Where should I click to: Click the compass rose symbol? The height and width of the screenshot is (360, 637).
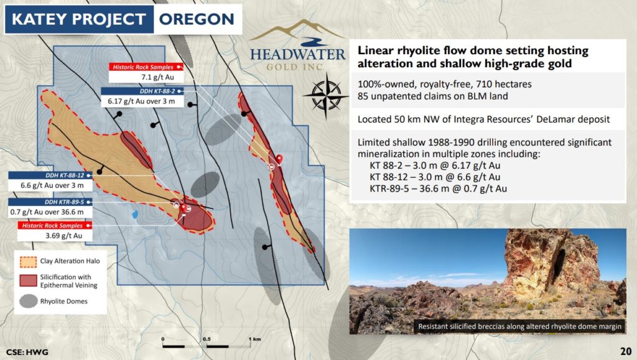[x=326, y=96]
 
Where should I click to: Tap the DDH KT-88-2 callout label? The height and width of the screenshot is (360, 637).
[x=142, y=91]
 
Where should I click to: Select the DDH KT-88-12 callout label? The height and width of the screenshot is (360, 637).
[x=50, y=175]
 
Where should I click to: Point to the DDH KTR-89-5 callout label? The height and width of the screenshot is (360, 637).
[x=50, y=201]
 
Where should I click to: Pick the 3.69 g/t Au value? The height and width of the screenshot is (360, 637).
[x=64, y=236]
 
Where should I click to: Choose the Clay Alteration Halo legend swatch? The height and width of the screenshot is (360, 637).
[x=28, y=262]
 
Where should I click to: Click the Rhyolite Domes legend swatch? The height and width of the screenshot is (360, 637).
[x=28, y=301]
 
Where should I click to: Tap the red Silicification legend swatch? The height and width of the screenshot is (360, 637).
[x=28, y=280]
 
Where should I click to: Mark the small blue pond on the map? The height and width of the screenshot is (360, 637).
[x=134, y=214]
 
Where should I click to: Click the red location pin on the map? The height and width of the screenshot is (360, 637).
[x=279, y=159]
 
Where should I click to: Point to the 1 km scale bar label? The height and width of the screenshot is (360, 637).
[x=254, y=339]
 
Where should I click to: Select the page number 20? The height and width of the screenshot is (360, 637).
[x=626, y=351]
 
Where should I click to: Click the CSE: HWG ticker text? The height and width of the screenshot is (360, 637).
[x=27, y=352]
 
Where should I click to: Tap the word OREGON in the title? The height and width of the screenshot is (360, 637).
[x=197, y=19]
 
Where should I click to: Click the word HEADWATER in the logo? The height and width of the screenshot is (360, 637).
[x=298, y=54]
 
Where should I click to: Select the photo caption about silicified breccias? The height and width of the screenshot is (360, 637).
[x=519, y=326]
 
